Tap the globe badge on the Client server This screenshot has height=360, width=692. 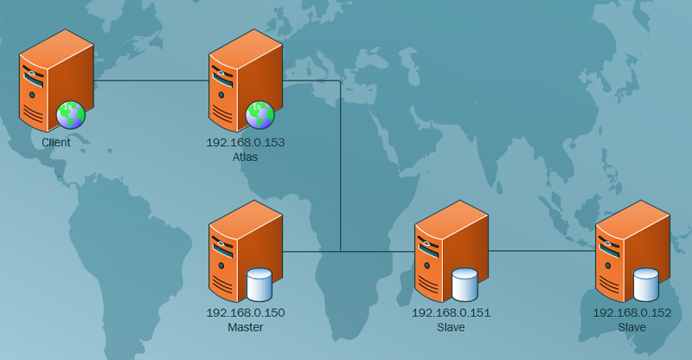point(71,114)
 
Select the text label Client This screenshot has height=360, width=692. point(56,142)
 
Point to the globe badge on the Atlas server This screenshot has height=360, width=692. point(259,114)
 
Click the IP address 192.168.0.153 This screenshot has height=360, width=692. point(246,143)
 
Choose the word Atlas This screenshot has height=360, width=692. point(246,157)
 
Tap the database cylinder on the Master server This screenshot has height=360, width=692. point(259,284)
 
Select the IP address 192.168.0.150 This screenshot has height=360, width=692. point(246,312)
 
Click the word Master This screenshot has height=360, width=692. point(246,327)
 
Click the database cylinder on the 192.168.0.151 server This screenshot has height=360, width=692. point(465,284)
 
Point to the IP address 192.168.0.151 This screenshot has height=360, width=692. point(452,312)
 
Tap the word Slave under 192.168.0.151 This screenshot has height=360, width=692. point(452,327)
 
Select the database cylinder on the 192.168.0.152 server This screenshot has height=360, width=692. point(646,284)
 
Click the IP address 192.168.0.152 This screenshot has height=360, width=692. point(632,312)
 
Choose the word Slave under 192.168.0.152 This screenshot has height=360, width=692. point(632,327)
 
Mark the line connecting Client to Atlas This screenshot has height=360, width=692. point(151,81)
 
